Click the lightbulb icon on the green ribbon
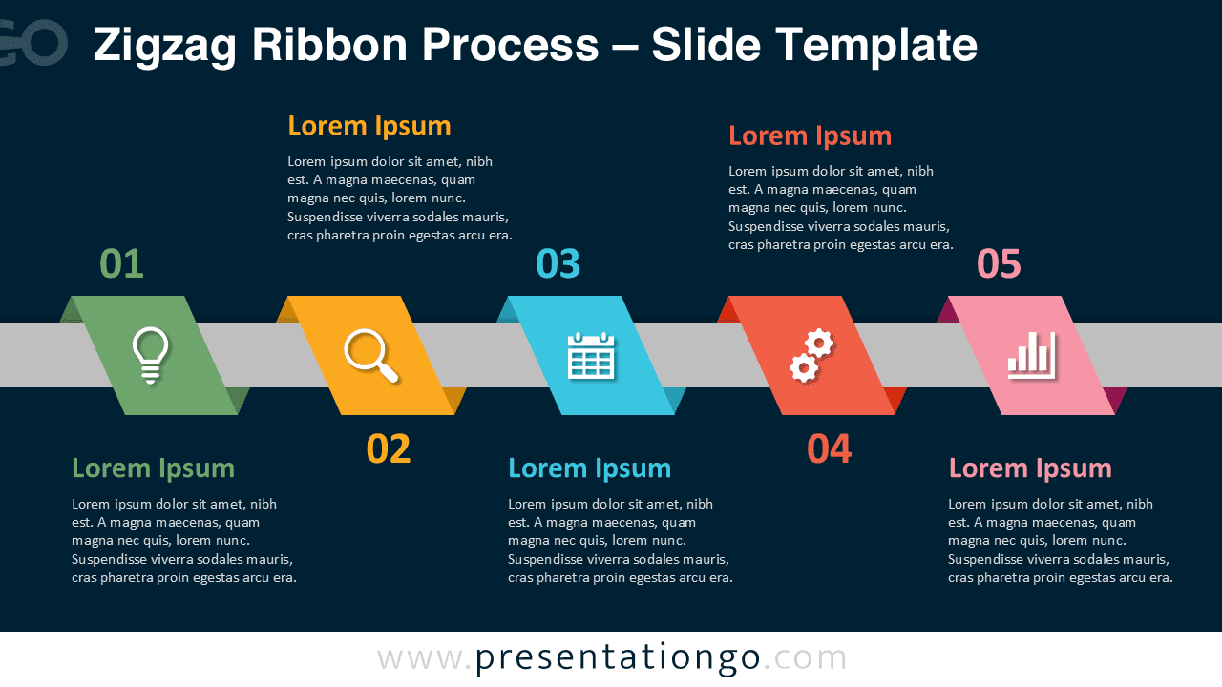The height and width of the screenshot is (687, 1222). click(x=151, y=355)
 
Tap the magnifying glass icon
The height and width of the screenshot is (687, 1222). click(x=370, y=355)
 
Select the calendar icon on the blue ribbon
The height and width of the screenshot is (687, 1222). click(x=591, y=356)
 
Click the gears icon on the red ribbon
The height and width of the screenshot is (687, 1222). click(x=811, y=355)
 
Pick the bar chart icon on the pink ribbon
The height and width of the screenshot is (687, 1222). click(x=1031, y=355)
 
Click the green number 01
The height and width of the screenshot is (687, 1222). click(x=121, y=264)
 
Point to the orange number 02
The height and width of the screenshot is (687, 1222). click(x=389, y=449)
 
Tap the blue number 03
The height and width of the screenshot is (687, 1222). click(x=558, y=264)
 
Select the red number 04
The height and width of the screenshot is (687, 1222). click(x=829, y=449)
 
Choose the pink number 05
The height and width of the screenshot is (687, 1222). click(x=999, y=264)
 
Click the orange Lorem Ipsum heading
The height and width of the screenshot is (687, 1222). click(x=369, y=126)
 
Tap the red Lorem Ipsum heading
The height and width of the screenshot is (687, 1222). click(x=810, y=135)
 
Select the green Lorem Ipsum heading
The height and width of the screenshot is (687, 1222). click(x=153, y=468)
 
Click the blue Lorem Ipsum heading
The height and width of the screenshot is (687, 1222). click(x=589, y=468)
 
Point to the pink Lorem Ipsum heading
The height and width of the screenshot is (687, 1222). click(x=1030, y=468)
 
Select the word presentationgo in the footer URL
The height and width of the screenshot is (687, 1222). click(x=618, y=657)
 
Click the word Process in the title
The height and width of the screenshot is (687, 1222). click(x=511, y=45)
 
